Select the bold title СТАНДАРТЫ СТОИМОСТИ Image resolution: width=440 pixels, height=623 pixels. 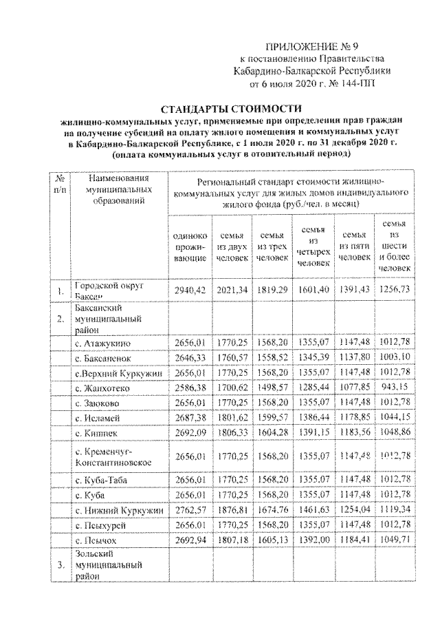click(x=232, y=109)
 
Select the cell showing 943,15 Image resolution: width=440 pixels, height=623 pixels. click(x=394, y=388)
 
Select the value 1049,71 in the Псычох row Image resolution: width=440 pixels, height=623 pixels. click(x=394, y=539)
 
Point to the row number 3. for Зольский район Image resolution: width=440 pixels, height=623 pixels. click(x=60, y=566)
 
